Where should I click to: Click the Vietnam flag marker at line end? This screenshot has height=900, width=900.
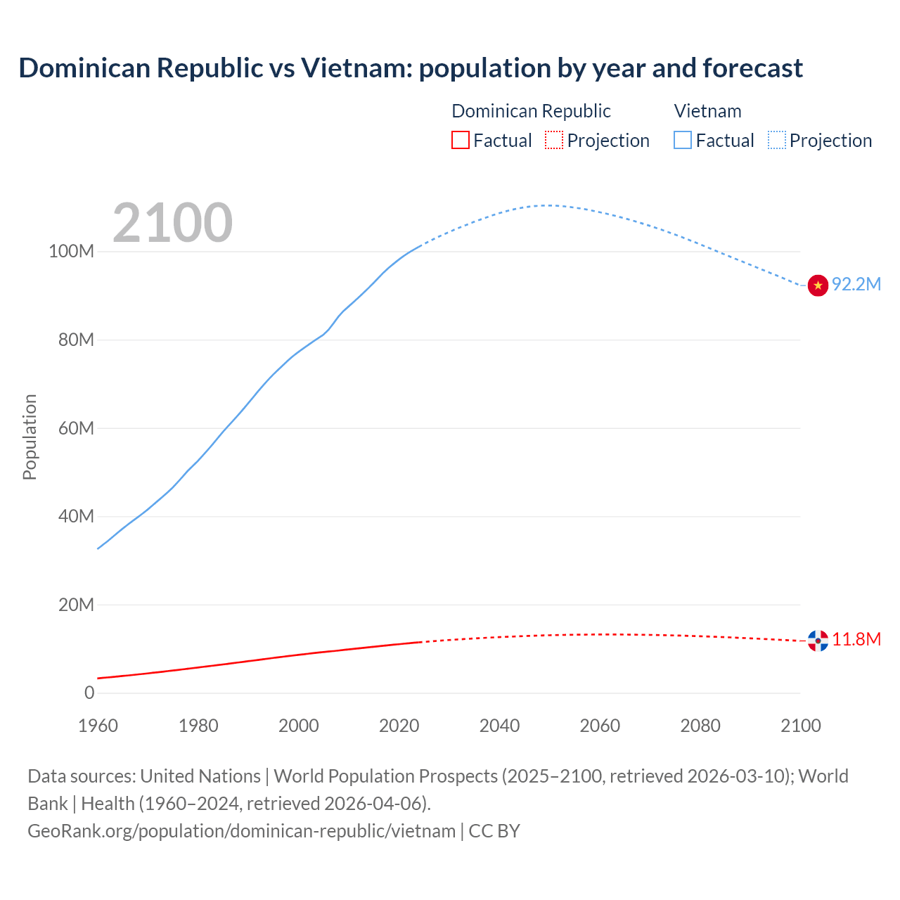818,285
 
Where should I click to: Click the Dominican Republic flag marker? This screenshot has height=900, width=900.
818,641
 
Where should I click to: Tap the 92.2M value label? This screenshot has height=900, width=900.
856,284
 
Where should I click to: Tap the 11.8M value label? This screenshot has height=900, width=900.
856,639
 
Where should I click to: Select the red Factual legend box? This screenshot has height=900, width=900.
460,140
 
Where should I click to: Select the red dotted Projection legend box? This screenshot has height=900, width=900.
554,140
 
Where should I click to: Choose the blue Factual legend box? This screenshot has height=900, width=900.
683,140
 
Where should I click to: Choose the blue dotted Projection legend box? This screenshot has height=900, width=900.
777,140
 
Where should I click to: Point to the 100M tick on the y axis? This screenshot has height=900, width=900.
71,252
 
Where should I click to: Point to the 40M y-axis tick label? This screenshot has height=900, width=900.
76,516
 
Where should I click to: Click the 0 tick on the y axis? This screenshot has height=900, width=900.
89,693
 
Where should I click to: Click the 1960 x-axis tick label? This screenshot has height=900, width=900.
98,726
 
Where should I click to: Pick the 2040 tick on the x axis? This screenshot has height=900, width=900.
499,726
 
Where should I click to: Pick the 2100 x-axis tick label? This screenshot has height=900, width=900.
801,726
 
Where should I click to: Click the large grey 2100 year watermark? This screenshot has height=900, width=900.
172,223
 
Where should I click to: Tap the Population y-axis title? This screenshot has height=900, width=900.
30,437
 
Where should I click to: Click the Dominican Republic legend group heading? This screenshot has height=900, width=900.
531,111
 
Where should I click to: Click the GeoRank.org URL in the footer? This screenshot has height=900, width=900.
241,830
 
